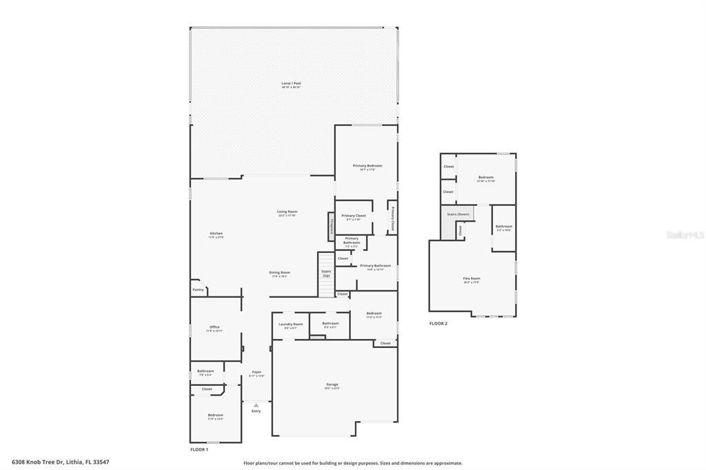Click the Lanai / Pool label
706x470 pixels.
tap(291, 83)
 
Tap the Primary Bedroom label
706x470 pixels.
tap(367, 166)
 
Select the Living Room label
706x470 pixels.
tap(287, 212)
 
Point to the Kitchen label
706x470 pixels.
tap(216, 234)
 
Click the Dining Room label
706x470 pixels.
tap(279, 272)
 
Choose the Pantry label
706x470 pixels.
tap(198, 290)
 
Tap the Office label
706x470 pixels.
tap(214, 327)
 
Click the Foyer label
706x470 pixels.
tap(256, 372)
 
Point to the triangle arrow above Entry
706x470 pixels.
tap(256, 405)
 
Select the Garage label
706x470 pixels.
tap(332, 385)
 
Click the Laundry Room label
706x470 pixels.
tap(290, 324)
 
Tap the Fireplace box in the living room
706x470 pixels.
tap(331, 225)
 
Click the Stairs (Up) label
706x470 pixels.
tap(326, 273)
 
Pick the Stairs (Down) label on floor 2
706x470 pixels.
tap(458, 214)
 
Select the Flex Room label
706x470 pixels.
tap(472, 278)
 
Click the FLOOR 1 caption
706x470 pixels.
tap(199, 449)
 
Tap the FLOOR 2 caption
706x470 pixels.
tap(438, 323)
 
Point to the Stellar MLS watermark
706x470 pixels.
tap(685, 235)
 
